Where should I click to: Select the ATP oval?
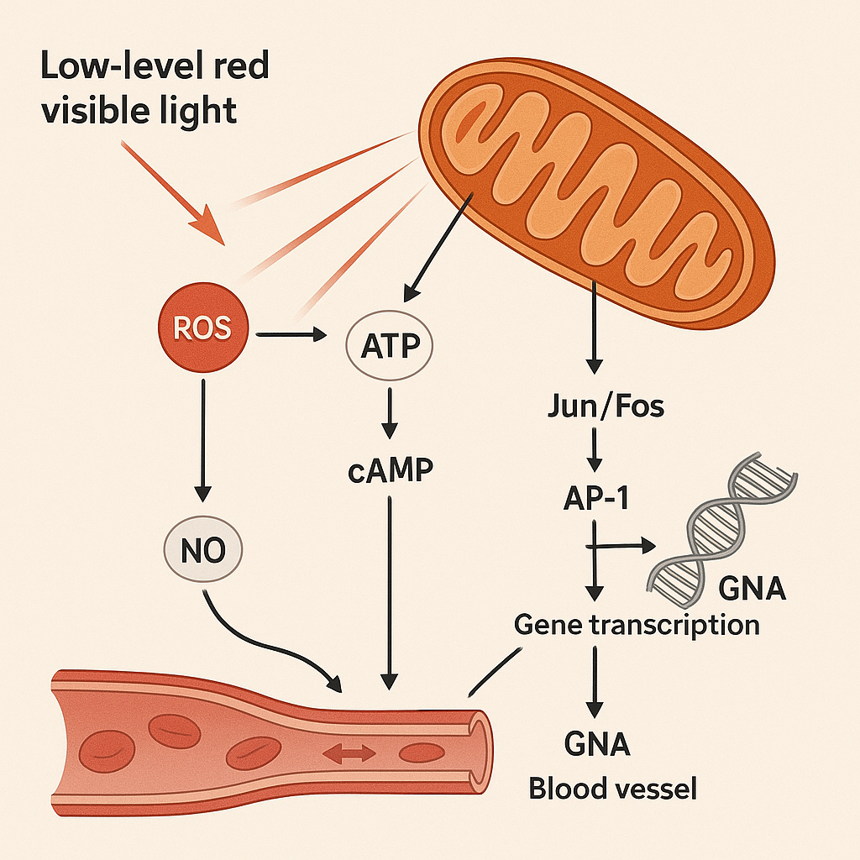(389, 344)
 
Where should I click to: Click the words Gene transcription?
(636, 625)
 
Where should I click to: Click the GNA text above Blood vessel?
(597, 745)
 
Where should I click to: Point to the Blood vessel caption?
(612, 789)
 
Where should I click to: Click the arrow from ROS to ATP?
(291, 335)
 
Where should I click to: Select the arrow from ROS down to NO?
(202, 437)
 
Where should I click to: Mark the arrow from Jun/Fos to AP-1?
(594, 451)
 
